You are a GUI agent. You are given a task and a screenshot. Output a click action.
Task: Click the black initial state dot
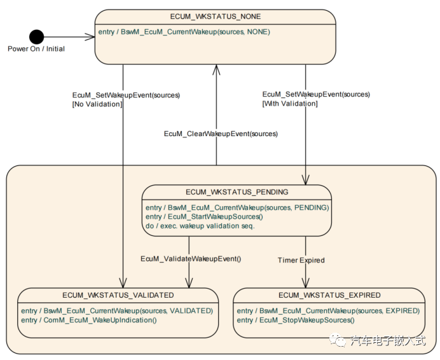click(37, 37)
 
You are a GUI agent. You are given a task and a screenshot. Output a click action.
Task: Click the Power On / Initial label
click(36, 49)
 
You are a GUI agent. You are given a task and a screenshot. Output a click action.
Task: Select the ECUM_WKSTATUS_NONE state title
click(216, 17)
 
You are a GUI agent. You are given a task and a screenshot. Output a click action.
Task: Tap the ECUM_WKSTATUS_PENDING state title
click(237, 191)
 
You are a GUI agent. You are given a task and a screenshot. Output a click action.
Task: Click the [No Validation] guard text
click(97, 104)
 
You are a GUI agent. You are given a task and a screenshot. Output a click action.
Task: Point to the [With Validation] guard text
click(290, 103)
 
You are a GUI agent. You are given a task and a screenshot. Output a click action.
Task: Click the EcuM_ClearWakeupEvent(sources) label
click(221, 134)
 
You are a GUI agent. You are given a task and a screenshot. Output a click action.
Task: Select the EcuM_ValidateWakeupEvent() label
click(191, 259)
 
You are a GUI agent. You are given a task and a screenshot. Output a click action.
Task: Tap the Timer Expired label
click(301, 260)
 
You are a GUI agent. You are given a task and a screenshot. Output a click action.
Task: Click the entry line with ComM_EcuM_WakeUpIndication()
click(88, 320)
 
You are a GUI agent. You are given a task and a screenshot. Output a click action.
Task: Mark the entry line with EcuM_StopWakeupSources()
click(296, 320)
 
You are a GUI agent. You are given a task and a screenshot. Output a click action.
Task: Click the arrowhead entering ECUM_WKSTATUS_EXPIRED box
click(306, 284)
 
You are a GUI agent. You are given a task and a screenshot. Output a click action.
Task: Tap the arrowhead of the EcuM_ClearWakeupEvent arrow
click(216, 67)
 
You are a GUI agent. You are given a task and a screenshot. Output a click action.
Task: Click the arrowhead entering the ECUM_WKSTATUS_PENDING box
click(306, 181)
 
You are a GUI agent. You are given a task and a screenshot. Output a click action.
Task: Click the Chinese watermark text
click(387, 341)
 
